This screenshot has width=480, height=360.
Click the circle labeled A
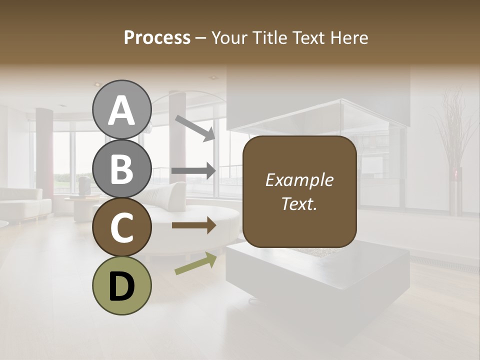pyautogui.click(x=121, y=110)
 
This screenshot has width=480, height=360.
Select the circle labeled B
pyautogui.click(x=121, y=168)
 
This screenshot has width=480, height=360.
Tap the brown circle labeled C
pyautogui.click(x=121, y=227)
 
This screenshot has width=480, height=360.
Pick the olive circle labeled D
pyautogui.click(x=121, y=285)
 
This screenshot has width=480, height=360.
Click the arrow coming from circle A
pyautogui.click(x=195, y=127)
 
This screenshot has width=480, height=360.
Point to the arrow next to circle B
pyautogui.click(x=194, y=171)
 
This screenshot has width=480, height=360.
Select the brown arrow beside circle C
pyautogui.click(x=194, y=225)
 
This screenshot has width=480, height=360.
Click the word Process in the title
pyautogui.click(x=157, y=37)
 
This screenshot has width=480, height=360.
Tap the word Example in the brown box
pyautogui.click(x=299, y=180)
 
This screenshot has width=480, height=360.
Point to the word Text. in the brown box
pyautogui.click(x=299, y=204)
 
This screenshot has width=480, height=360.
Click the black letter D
pyautogui.click(x=121, y=286)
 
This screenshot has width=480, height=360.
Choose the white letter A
pyautogui.click(x=121, y=110)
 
